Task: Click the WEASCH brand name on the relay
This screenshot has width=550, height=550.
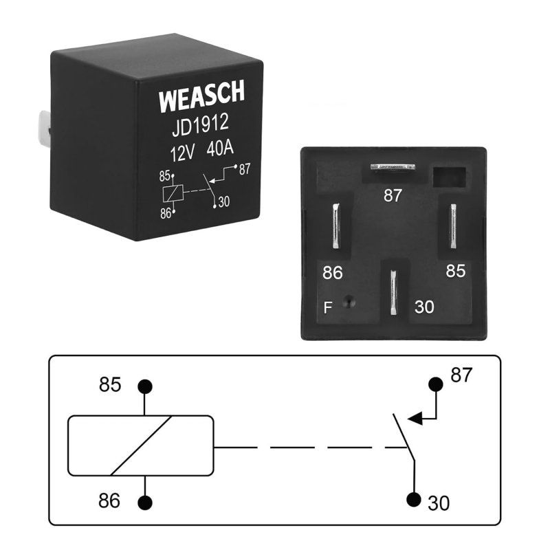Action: pos(201,96)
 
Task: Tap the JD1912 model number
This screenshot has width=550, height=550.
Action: pos(200,124)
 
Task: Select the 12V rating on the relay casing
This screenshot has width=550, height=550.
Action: pos(182,153)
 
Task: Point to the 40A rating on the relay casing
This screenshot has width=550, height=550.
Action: pos(220,148)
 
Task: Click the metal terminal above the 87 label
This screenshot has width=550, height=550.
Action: pos(393,167)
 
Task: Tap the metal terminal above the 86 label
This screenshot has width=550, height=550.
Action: pos(336,226)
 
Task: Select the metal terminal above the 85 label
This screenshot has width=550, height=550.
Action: pos(453,225)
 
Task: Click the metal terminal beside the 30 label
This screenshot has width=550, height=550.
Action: pos(393,292)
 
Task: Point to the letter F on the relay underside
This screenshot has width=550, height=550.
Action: pos(328,307)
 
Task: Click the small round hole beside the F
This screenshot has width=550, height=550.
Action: pos(349,302)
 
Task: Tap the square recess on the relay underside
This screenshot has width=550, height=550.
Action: pos(450,177)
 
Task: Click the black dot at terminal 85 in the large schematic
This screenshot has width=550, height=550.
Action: pos(145,386)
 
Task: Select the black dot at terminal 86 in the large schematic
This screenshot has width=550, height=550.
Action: pos(145,503)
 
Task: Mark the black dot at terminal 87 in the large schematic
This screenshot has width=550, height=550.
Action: pos(436,384)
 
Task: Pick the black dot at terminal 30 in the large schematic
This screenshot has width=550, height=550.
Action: pos(414,500)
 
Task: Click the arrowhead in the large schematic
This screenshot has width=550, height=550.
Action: pos(415,419)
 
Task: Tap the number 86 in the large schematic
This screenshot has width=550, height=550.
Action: pos(109,500)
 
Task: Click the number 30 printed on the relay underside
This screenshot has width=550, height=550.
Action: pos(424,307)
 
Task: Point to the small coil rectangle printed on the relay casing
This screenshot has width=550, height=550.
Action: pos(173,193)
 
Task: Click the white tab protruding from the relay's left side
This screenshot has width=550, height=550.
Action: pos(44,129)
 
